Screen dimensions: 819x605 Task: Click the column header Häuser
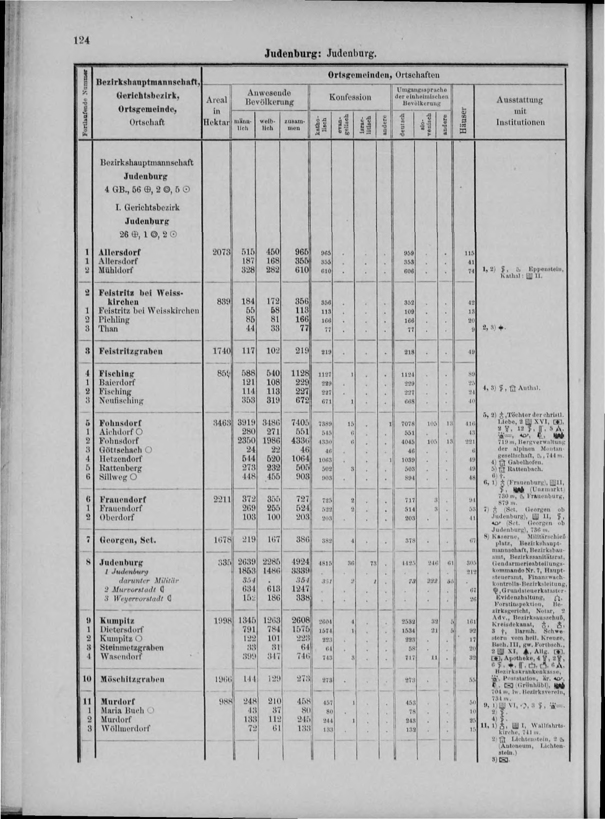[464, 121]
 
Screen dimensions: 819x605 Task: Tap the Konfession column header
[350, 97]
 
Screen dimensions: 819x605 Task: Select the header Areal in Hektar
[217, 111]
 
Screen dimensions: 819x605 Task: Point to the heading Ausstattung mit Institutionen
[520, 111]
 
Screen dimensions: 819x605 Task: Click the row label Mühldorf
[116, 271]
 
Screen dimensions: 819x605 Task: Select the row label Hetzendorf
[120, 459]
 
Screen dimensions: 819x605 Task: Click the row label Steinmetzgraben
[132, 647]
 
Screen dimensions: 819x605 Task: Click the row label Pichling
[114, 320]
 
